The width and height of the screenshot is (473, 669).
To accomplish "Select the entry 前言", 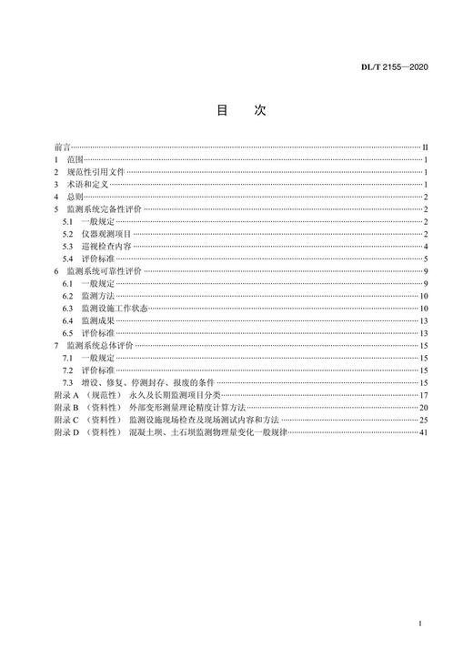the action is pyautogui.click(x=62, y=146).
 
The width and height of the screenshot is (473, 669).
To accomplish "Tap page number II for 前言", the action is pyautogui.click(x=426, y=146).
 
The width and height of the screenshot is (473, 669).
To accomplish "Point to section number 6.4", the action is pyautogui.click(x=67, y=322).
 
